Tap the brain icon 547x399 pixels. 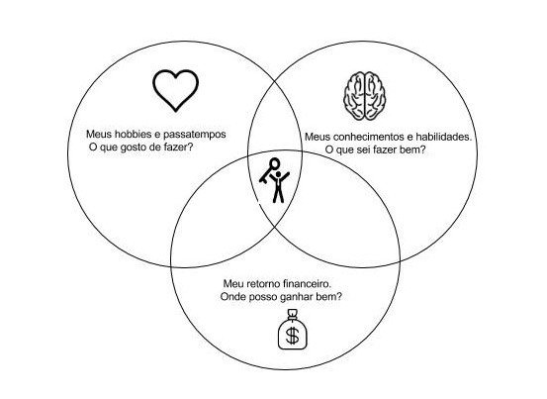[x=365, y=96]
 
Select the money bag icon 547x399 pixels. [x=293, y=330]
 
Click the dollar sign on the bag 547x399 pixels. [x=293, y=336]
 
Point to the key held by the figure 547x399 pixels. [x=269, y=170]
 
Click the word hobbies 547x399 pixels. [x=133, y=134]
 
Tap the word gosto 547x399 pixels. [x=133, y=148]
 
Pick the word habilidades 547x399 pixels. [x=442, y=137]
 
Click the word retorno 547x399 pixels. [x=263, y=284]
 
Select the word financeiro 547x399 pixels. [x=308, y=284]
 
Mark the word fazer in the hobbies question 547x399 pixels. [x=178, y=147]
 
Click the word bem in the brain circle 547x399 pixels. [x=416, y=150]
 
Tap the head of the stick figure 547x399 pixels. [x=278, y=174]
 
